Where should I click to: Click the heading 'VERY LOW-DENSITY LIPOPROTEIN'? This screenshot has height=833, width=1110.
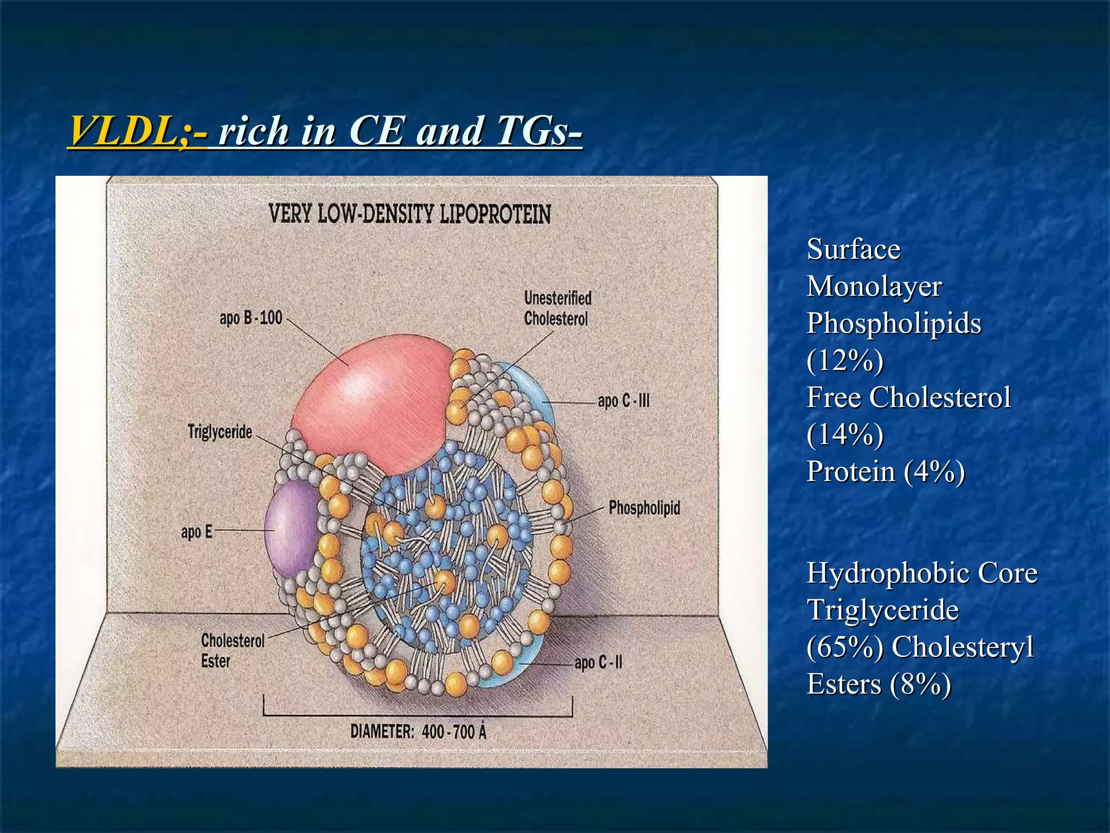click(x=410, y=214)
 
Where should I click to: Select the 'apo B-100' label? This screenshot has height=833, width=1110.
click(x=251, y=317)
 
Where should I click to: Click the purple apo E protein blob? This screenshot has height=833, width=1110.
click(x=290, y=529)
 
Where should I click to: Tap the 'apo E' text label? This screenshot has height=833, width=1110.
click(x=196, y=532)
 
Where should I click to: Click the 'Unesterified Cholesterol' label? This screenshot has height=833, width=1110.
click(x=557, y=308)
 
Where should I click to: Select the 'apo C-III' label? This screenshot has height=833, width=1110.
click(x=623, y=401)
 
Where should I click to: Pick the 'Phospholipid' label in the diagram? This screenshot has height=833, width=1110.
click(x=644, y=508)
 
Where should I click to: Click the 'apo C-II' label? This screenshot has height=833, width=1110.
click(x=598, y=662)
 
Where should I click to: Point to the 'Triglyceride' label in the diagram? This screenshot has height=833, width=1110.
click(x=220, y=432)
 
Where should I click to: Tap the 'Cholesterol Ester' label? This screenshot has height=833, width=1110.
click(x=232, y=651)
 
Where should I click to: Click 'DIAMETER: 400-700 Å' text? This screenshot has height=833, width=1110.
click(x=418, y=732)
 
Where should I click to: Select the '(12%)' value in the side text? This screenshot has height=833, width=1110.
click(x=845, y=361)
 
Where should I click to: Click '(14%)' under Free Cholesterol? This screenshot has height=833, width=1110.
click(x=845, y=434)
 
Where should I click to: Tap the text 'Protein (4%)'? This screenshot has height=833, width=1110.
click(x=886, y=471)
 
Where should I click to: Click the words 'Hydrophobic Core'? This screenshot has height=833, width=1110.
click(x=921, y=573)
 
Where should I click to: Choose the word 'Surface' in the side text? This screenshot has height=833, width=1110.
click(x=853, y=250)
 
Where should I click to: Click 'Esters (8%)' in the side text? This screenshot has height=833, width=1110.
click(x=879, y=684)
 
